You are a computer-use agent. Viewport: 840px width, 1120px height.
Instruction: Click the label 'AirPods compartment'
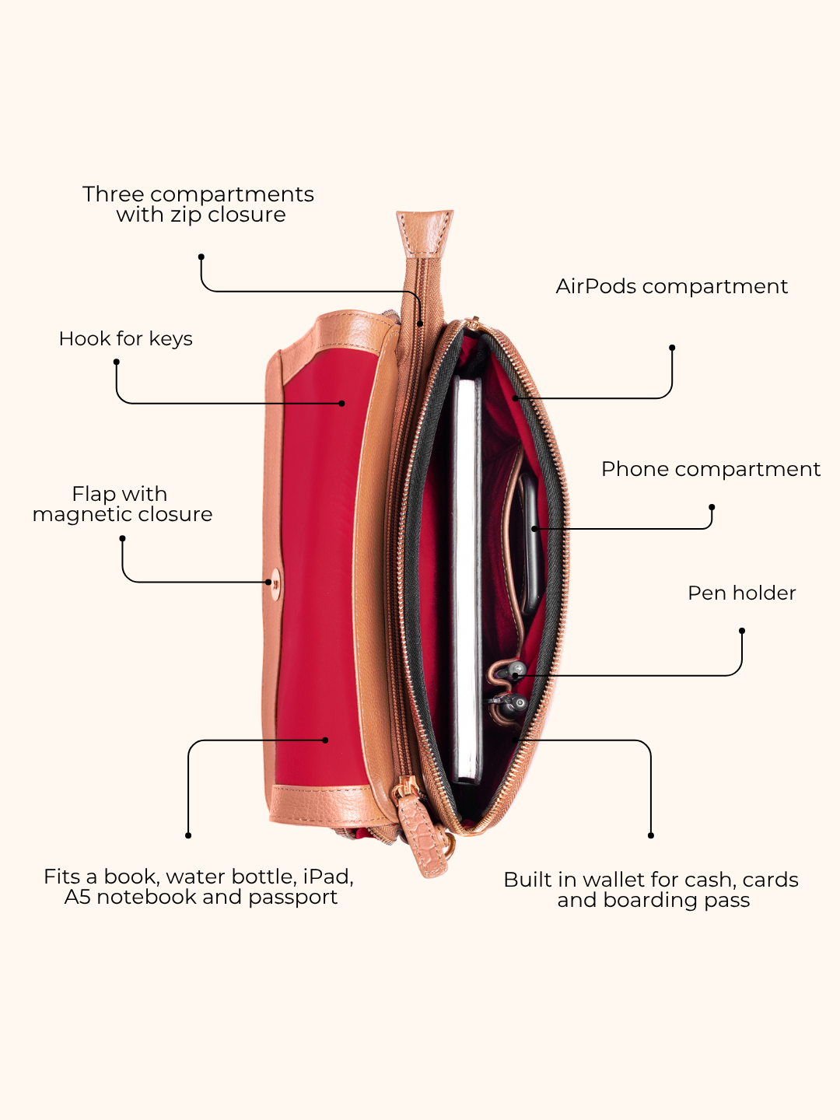[672, 287]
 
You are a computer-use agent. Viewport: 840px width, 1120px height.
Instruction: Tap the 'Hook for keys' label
[125, 339]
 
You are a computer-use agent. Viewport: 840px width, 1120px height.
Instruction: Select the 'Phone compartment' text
[711, 470]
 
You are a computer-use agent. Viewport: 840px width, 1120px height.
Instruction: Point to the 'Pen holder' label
[741, 593]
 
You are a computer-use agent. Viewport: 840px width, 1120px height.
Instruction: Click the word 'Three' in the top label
[114, 194]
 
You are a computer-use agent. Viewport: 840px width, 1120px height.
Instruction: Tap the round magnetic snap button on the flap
[276, 583]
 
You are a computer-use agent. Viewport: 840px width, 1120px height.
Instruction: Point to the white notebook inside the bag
[467, 579]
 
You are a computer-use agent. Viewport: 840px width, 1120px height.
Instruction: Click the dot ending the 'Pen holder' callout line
[742, 632]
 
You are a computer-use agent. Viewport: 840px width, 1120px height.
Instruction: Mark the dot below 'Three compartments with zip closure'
[201, 257]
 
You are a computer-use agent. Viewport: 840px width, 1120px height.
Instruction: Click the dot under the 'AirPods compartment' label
[672, 348]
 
